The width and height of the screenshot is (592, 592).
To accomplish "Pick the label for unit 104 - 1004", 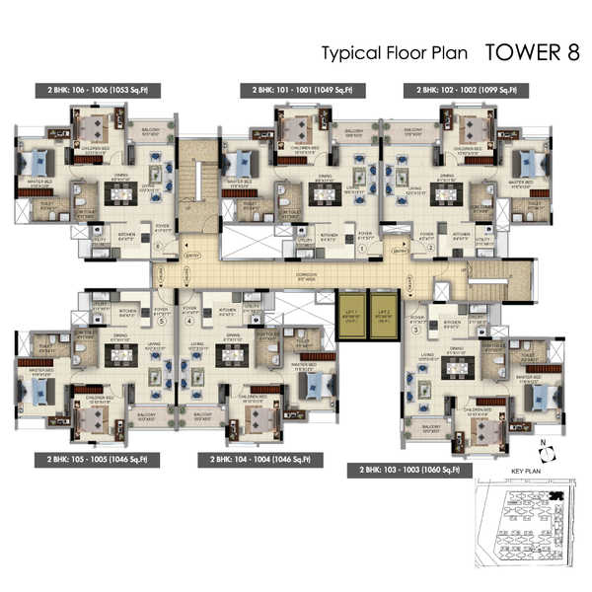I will pos(255,459).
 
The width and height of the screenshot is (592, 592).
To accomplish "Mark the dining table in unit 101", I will pos(322,194).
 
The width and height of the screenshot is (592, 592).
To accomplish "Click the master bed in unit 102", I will pos(533,163).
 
